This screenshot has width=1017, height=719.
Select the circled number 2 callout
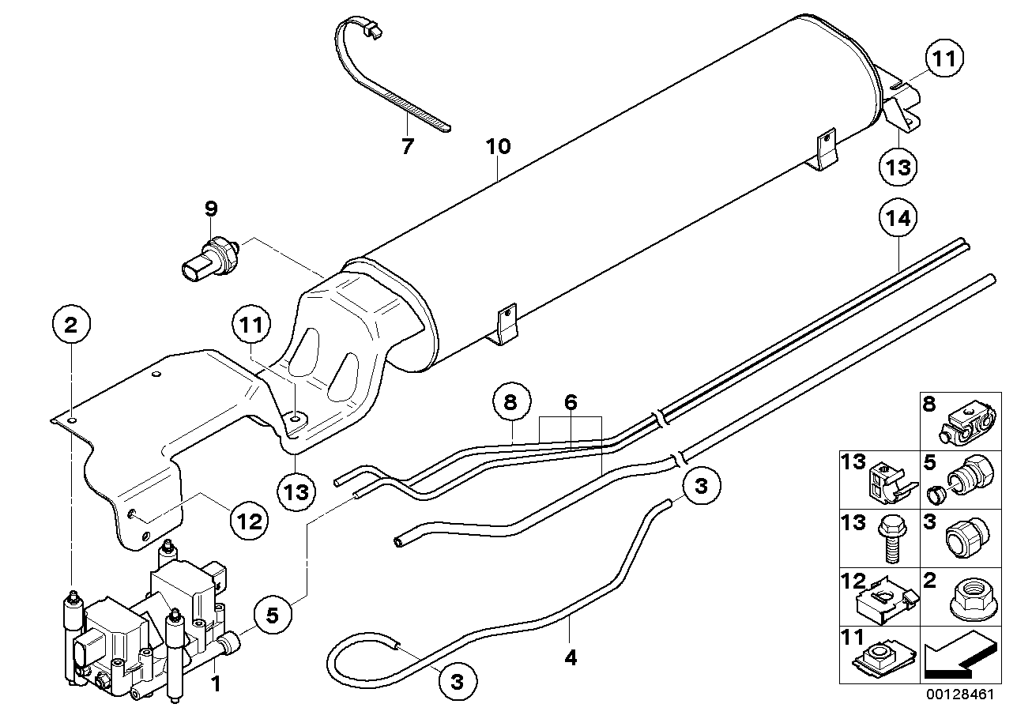[72, 324]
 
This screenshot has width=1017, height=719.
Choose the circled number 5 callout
[273, 615]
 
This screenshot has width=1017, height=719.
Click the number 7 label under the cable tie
[407, 146]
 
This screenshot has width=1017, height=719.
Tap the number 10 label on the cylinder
[498, 146]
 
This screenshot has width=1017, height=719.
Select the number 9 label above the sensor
[210, 209]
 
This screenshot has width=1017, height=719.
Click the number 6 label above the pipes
[571, 401]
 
